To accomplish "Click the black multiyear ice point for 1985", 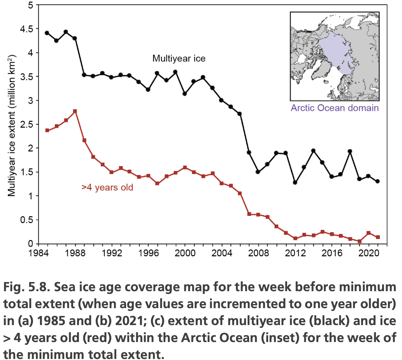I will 47,33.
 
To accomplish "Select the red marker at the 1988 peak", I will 75,111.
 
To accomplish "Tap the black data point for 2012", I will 295,182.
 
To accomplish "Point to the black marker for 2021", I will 378,181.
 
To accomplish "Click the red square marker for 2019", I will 359,241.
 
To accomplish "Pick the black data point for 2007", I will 249,153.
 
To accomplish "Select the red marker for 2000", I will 185,167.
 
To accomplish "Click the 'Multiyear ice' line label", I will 179,59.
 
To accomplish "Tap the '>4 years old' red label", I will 107,187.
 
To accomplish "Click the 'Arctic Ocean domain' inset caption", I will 335,108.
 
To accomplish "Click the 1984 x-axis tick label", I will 38,253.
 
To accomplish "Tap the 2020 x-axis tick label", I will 368,253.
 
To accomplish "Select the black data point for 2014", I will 313,151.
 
